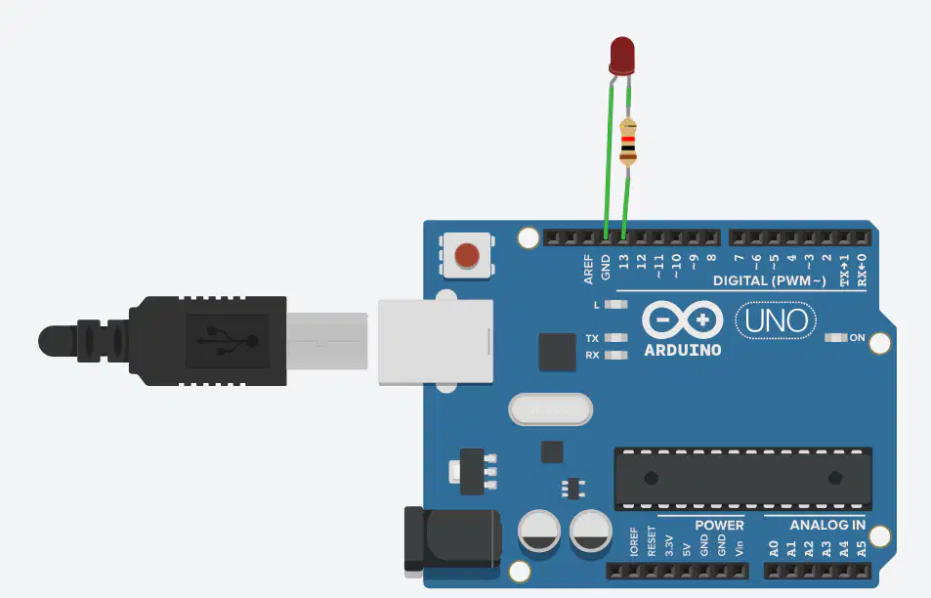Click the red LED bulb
point(621,57)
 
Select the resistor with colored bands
point(627,142)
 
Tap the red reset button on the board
point(467,255)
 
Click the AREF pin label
point(588,269)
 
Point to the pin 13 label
point(623,262)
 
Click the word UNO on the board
point(776,321)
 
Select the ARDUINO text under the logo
point(683,351)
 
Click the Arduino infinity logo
point(683,320)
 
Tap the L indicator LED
point(615,305)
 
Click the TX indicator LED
point(615,338)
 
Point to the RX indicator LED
point(615,355)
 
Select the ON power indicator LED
point(836,337)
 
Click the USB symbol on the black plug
point(228,341)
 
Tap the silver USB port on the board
point(436,342)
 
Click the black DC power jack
point(452,539)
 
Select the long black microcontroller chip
point(743,479)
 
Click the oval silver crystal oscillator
point(550,409)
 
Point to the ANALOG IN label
point(827,525)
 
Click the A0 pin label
point(774,549)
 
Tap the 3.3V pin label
point(669,546)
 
